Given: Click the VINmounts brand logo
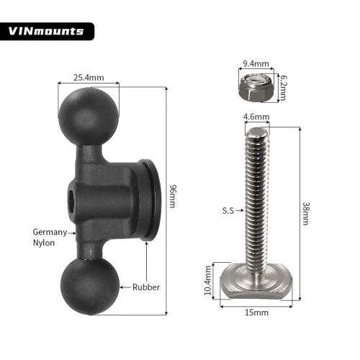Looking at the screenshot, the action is (x=46, y=31).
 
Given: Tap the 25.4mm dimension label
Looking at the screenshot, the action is (x=89, y=78).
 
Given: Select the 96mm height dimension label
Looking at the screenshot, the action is (x=173, y=196).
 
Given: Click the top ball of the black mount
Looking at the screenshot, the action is (x=89, y=116).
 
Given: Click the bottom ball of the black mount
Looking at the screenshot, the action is (x=90, y=287).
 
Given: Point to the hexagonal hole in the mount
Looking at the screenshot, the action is (x=72, y=201).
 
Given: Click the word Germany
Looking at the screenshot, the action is (x=50, y=232).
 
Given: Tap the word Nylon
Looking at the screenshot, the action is (x=44, y=243).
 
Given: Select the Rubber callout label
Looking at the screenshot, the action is (x=146, y=287).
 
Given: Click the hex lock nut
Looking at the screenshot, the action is (x=256, y=88).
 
